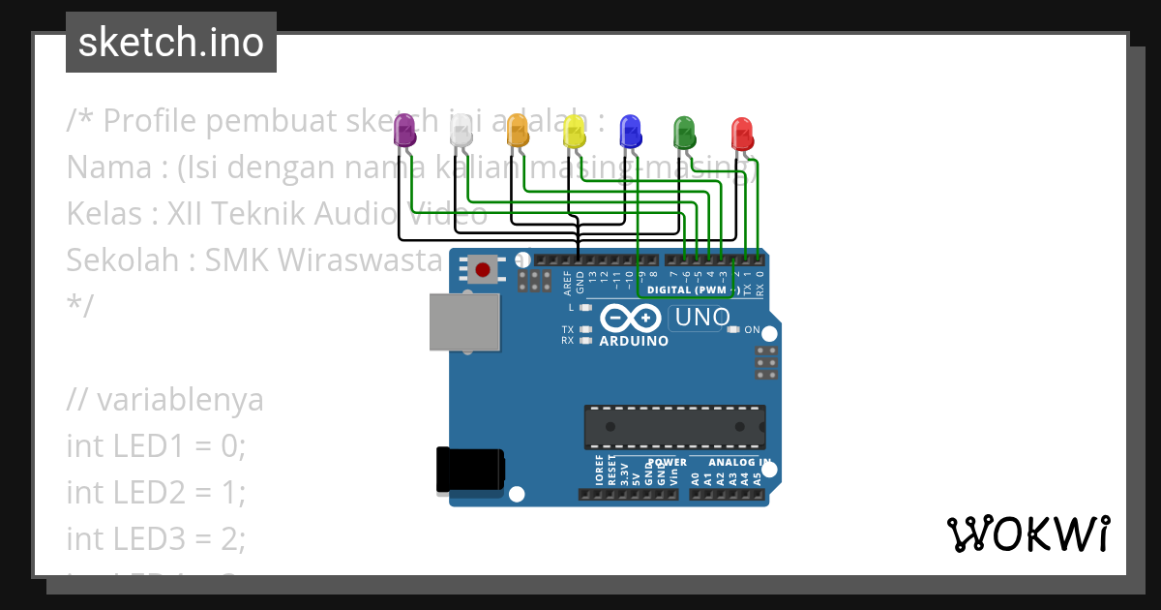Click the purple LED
405,130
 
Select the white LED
462,130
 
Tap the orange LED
518,130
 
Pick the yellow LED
574,130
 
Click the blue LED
630,131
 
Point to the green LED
684,131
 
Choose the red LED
741,132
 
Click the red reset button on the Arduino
482,268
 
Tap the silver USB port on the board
465,323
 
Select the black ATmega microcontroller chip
673,427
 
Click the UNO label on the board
702,318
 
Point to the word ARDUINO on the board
634,342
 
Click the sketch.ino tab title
171,43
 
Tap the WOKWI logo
1027,534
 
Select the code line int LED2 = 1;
156,492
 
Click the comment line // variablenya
164,399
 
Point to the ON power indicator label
751,330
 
